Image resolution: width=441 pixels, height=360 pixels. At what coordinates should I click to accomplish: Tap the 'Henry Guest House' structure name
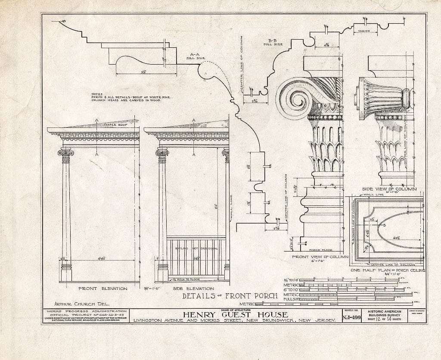click(236, 315)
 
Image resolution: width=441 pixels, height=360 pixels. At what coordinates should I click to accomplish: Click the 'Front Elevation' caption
click(96, 288)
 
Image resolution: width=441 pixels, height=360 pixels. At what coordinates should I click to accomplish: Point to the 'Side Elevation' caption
click(193, 288)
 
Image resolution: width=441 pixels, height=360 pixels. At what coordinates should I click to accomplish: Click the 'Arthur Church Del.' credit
click(78, 303)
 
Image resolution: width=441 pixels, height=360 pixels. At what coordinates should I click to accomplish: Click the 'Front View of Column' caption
click(320, 257)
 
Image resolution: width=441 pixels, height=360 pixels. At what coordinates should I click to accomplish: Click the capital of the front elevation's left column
click(66, 152)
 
